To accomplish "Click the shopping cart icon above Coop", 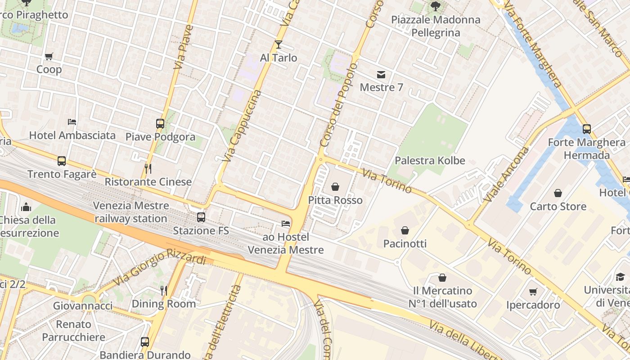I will pyautogui.click(x=49, y=56).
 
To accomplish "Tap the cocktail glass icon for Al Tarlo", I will pyautogui.click(x=279, y=44).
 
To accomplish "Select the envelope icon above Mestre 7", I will pyautogui.click(x=381, y=74).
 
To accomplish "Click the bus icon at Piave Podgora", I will pyautogui.click(x=160, y=123).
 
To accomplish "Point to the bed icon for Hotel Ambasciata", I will pyautogui.click(x=72, y=121).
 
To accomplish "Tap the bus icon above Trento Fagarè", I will pyautogui.click(x=62, y=161).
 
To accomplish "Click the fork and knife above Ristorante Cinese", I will pyautogui.click(x=148, y=168).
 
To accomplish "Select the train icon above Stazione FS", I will pyautogui.click(x=201, y=217).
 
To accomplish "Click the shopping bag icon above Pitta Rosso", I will pyautogui.click(x=335, y=186).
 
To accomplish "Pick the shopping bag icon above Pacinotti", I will pyautogui.click(x=405, y=230).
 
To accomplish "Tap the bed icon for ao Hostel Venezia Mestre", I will pyautogui.click(x=285, y=223).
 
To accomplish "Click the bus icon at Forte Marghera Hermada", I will pyautogui.click(x=586, y=129).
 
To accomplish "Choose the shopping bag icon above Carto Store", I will pyautogui.click(x=558, y=193).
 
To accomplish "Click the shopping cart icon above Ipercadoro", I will pyautogui.click(x=533, y=292).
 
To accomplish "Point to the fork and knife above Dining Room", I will pyautogui.click(x=164, y=290).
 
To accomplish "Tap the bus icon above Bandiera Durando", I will pyautogui.click(x=145, y=342).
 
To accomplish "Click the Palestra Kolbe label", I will pyautogui.click(x=430, y=161).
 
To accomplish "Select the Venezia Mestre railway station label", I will pyautogui.click(x=131, y=212).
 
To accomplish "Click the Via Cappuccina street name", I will pyautogui.click(x=242, y=126).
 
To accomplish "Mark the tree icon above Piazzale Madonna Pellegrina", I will pyautogui.click(x=435, y=6).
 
